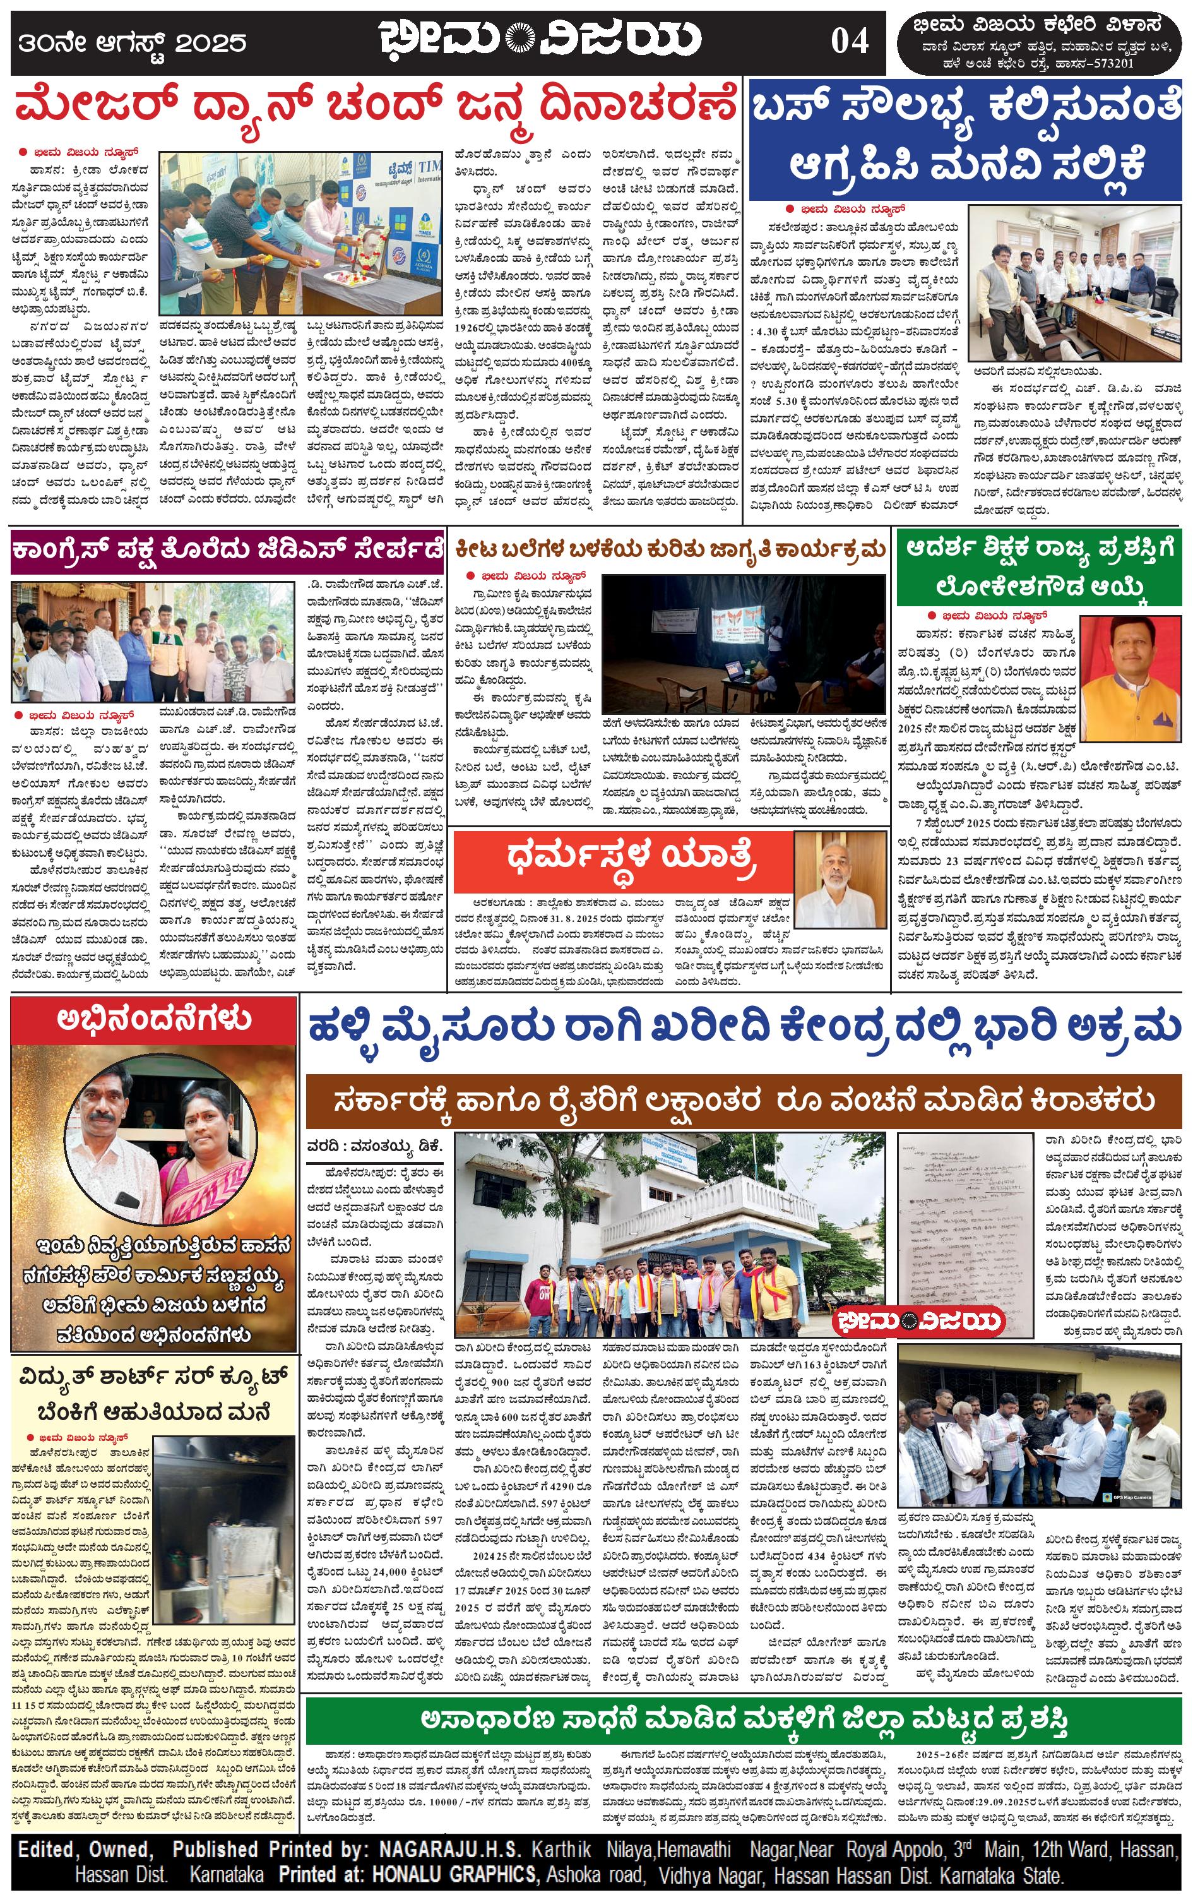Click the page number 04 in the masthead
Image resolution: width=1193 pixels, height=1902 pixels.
tap(849, 40)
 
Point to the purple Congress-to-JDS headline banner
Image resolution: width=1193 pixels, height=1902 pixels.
tap(227, 553)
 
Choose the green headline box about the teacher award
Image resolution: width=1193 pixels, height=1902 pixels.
tap(1040, 569)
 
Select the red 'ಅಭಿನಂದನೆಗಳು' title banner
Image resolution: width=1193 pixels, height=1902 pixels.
tap(154, 1020)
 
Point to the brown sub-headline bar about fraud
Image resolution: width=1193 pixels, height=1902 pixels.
tap(744, 1100)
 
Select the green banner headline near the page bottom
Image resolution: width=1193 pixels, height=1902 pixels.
tap(744, 1718)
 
